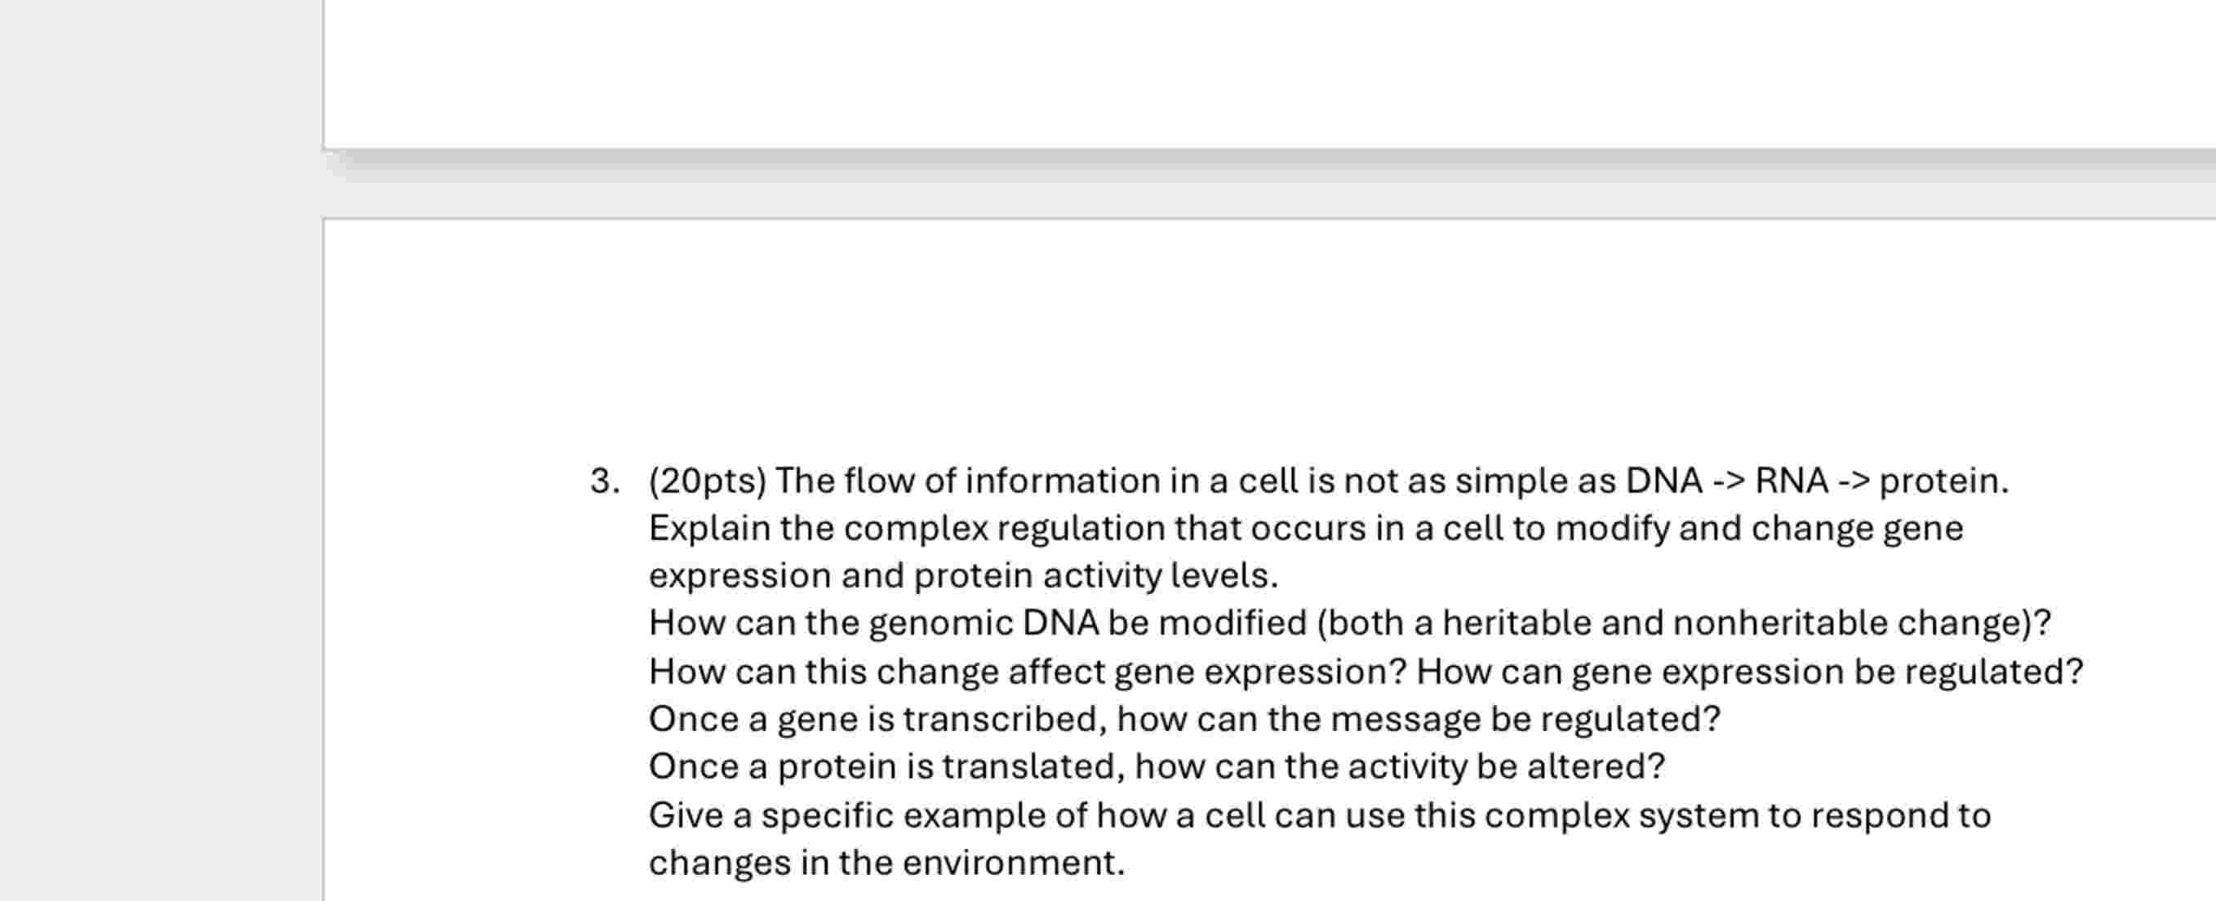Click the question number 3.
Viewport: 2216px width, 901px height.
(604, 481)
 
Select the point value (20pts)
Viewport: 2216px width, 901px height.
(707, 481)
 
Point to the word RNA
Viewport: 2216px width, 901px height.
(1791, 481)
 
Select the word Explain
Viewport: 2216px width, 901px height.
(710, 528)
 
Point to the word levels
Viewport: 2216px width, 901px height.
(1224, 575)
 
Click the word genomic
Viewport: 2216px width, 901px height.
(941, 623)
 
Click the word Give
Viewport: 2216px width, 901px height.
(686, 815)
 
